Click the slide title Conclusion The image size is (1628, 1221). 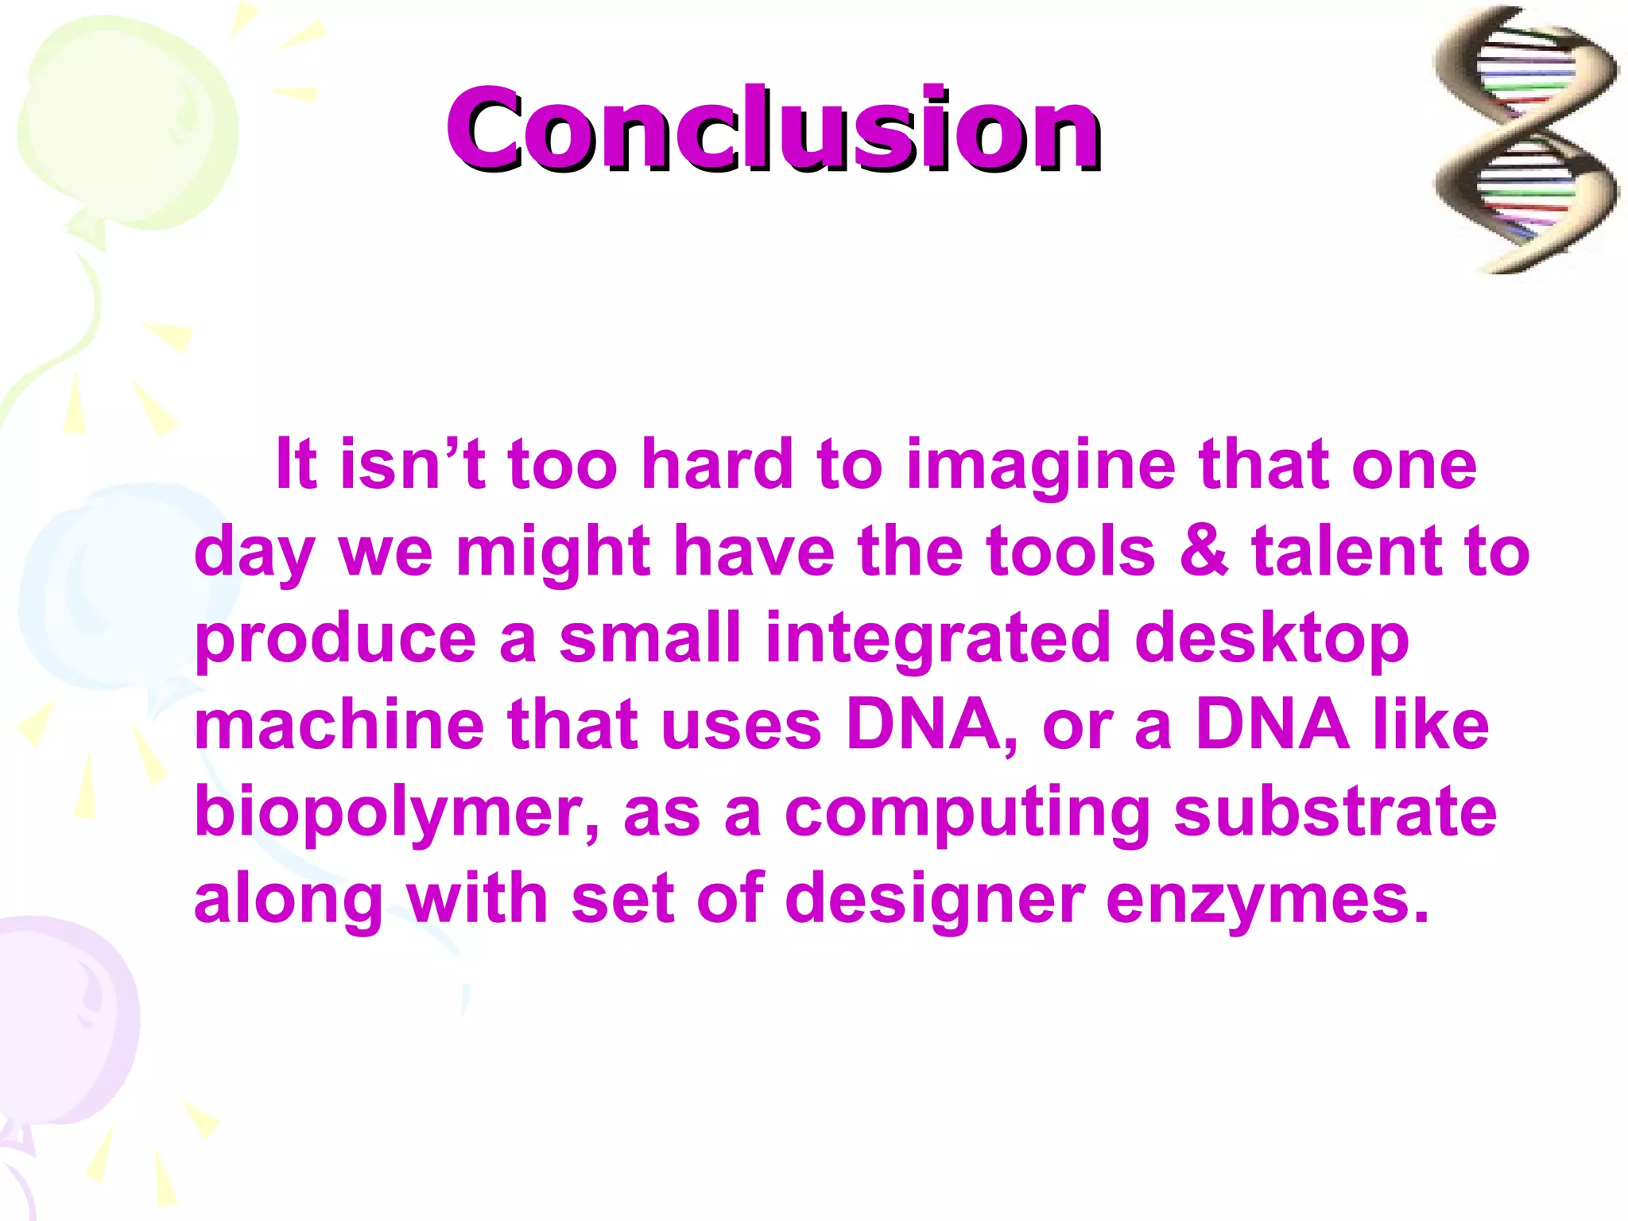pos(773,129)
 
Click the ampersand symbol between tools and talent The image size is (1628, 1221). pos(1204,551)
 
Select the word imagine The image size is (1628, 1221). pos(1041,467)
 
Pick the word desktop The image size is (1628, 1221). pos(1271,640)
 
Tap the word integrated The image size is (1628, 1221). pos(937,640)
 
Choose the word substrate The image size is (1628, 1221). pos(1335,812)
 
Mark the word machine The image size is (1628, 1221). pos(339,725)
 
